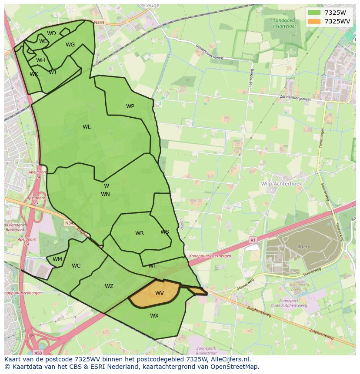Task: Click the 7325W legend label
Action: point(335,13)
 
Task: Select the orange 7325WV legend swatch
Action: point(313,21)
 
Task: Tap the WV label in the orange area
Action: point(160,293)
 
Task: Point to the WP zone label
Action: point(130,106)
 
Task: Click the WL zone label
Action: point(87,127)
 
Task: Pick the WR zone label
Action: point(139,233)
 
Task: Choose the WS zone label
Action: point(164,232)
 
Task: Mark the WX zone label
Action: point(154,316)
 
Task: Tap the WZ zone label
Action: point(109,286)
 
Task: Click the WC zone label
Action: point(76,266)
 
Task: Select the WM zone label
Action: point(57,259)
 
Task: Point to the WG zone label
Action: point(70,45)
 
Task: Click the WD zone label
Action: point(51,33)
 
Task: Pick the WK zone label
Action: point(34,74)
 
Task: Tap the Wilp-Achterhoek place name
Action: point(281,184)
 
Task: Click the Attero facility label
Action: point(304,247)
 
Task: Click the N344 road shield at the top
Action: point(99,22)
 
